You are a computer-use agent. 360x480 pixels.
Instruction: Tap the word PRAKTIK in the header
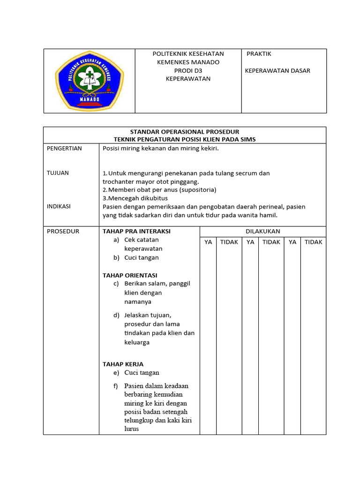click(x=259, y=54)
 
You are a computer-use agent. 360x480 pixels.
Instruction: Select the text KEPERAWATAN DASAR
click(x=277, y=71)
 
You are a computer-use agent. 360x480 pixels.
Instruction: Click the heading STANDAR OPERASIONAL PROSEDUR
click(x=185, y=132)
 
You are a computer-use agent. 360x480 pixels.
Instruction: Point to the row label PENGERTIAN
click(x=64, y=149)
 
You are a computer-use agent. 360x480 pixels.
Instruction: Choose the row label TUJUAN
click(x=58, y=173)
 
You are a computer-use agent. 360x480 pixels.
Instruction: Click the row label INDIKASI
click(x=59, y=206)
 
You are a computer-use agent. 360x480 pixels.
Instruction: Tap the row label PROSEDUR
click(x=63, y=231)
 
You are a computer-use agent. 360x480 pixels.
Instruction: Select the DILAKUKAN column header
click(x=262, y=231)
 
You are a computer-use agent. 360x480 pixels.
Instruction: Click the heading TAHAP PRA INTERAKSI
click(x=136, y=231)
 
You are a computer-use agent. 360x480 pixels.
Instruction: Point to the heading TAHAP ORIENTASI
click(x=130, y=275)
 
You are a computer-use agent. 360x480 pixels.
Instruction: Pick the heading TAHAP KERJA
click(x=123, y=364)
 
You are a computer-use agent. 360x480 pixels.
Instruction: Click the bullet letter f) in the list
click(x=116, y=386)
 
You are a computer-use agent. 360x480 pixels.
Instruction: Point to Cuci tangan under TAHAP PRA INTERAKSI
click(x=142, y=257)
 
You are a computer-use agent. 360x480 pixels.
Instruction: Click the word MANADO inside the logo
click(x=89, y=99)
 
